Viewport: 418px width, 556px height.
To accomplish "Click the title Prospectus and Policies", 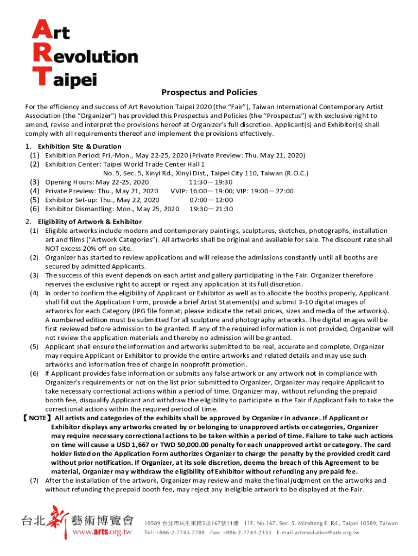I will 209,92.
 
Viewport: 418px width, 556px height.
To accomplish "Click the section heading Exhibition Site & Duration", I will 79,146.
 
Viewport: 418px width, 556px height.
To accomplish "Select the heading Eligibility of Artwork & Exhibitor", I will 90,222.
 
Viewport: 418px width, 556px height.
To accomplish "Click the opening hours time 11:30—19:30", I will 211,182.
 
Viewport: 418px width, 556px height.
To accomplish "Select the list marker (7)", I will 34,481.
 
